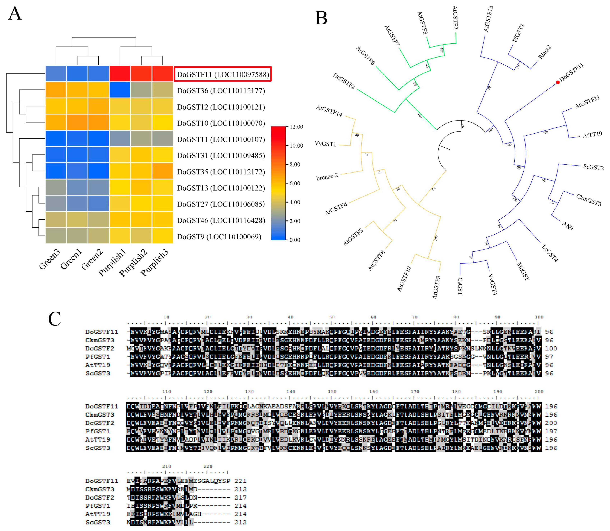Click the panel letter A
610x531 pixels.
[x=15, y=14]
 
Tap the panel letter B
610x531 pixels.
[x=321, y=18]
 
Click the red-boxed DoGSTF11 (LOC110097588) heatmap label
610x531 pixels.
[x=223, y=74]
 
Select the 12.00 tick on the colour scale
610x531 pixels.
[x=296, y=127]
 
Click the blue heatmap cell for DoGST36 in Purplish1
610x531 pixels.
[x=120, y=90]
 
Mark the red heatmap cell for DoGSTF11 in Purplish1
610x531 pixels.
[x=120, y=74]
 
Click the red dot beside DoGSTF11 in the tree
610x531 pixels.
[x=558, y=82]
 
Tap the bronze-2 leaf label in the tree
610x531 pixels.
[x=327, y=177]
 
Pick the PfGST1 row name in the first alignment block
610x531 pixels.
[x=97, y=357]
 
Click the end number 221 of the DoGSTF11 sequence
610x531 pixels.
[x=240, y=481]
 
